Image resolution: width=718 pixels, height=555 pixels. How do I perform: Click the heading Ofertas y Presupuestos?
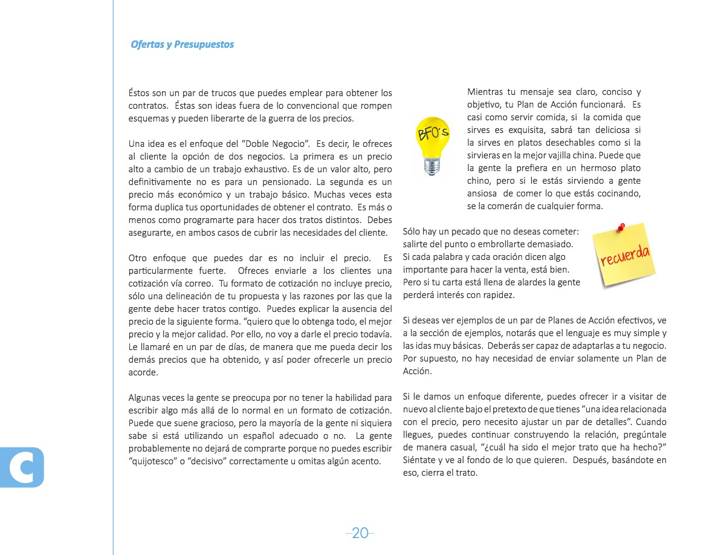[x=182, y=45]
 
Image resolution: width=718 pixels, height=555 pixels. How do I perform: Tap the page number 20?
[x=360, y=533]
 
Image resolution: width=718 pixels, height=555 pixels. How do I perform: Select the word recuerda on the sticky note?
[x=625, y=255]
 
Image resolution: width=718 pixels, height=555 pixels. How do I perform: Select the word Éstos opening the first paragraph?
[x=141, y=93]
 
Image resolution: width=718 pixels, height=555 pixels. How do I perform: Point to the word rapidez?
[x=496, y=296]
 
